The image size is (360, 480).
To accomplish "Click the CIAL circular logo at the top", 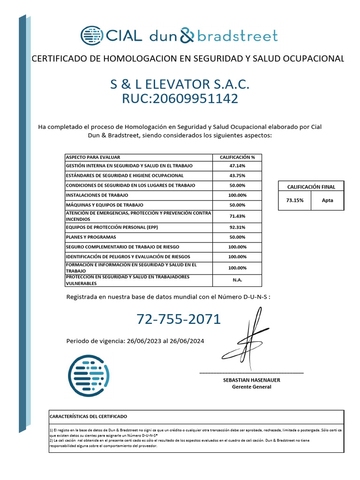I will (91, 36).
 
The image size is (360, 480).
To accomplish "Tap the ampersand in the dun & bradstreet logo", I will (187, 36).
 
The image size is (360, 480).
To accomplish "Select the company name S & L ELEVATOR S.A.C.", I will (180, 84).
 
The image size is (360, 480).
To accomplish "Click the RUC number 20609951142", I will (180, 98).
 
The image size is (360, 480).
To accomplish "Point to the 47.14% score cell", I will (237, 166).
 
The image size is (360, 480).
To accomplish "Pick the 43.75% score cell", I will (237, 175).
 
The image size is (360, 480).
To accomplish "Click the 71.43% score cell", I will (237, 216).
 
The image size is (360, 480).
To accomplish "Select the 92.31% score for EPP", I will (237, 227).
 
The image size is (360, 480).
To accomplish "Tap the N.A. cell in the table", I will (237, 280).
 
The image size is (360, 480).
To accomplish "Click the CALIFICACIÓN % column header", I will (237, 157).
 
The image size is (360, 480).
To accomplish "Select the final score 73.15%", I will (295, 200).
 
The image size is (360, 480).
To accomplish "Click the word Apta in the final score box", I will (328, 200).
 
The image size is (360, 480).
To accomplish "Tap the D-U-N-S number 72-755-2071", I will (179, 319).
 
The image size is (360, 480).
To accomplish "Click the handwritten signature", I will (248, 340).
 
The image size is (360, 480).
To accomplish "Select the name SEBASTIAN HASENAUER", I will (251, 380).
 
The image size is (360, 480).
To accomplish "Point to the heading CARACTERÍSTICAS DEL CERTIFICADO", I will (88, 416).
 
